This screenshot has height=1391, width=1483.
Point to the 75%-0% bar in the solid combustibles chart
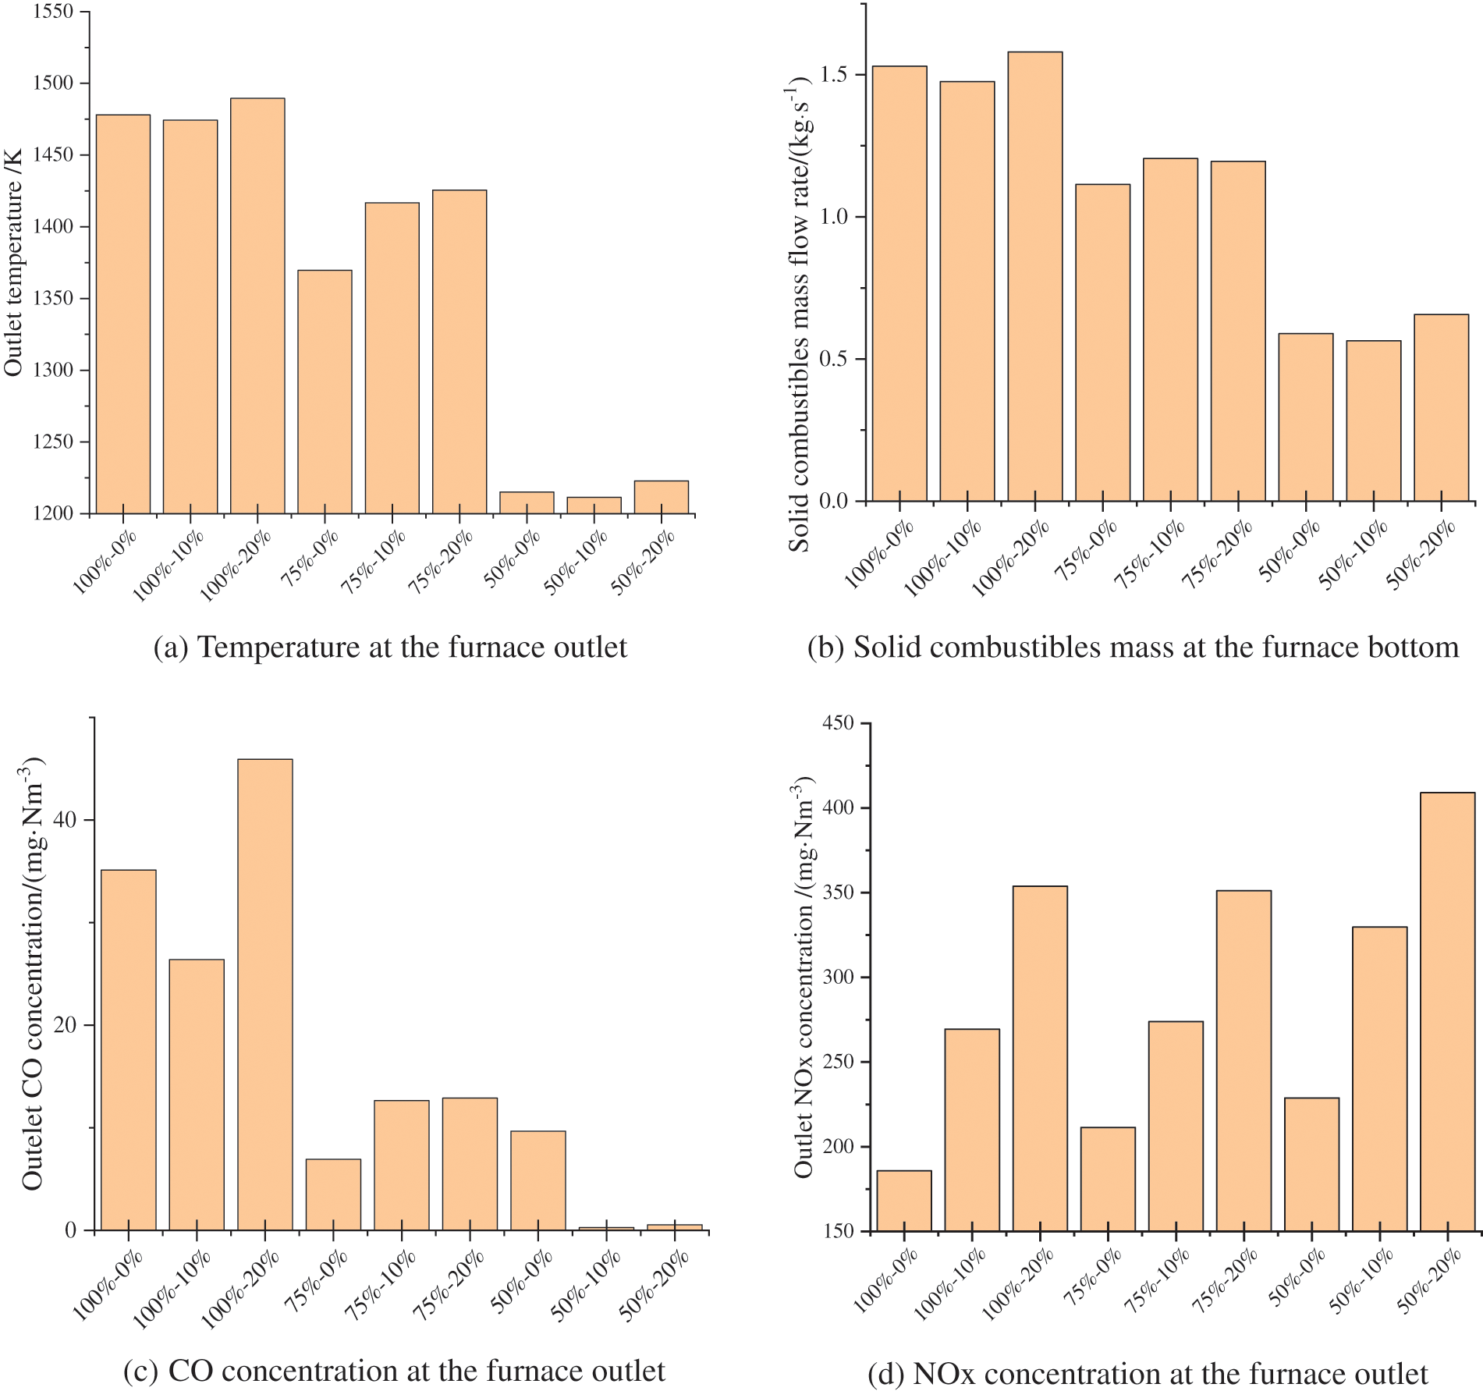tap(1102, 342)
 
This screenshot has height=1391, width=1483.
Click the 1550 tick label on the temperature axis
tap(53, 12)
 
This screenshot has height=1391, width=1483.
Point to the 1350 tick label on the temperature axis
tap(53, 299)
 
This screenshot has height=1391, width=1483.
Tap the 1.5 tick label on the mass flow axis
tap(834, 75)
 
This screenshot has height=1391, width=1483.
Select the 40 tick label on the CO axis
tap(66, 819)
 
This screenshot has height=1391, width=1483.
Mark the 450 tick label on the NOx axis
tap(838, 723)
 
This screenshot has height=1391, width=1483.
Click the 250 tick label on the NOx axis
tap(838, 1062)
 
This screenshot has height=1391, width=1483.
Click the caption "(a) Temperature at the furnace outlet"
tap(390, 648)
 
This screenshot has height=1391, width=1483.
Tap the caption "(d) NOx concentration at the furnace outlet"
tap(1148, 1373)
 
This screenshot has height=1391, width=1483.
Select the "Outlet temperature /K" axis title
tap(14, 262)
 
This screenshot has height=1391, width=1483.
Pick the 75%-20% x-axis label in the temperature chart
tap(442, 561)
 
